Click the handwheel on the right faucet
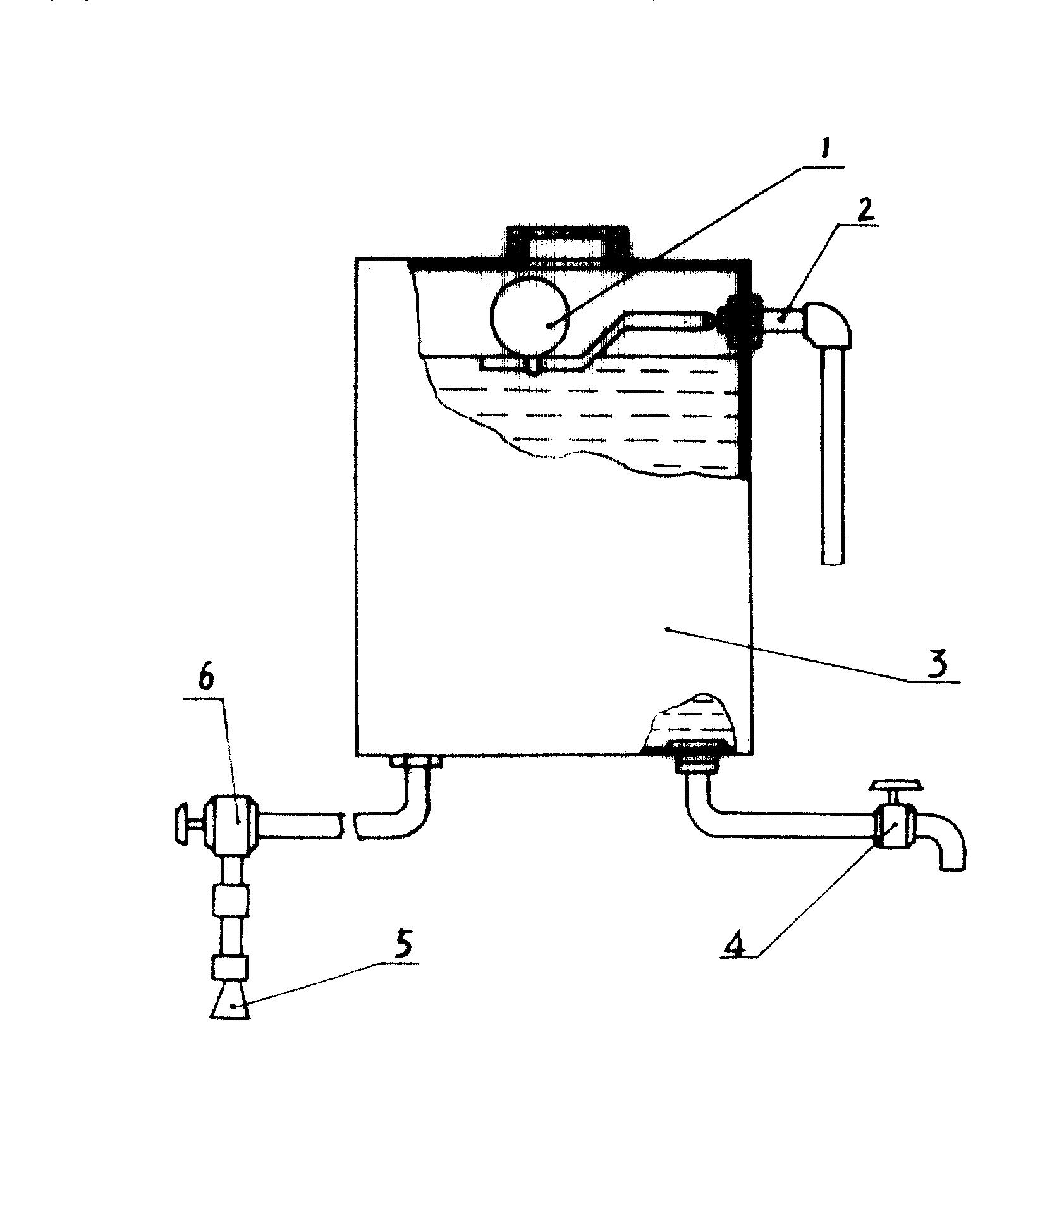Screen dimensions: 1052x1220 click(896, 786)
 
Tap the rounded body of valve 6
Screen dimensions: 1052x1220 click(235, 821)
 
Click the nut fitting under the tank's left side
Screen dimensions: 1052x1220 click(415, 761)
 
